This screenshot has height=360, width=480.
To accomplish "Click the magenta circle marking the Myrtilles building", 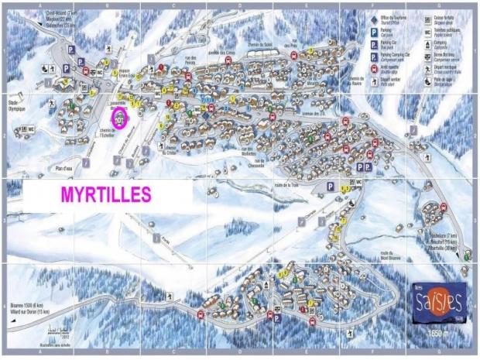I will [x=120, y=118].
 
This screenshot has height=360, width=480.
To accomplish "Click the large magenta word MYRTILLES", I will [x=105, y=196].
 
